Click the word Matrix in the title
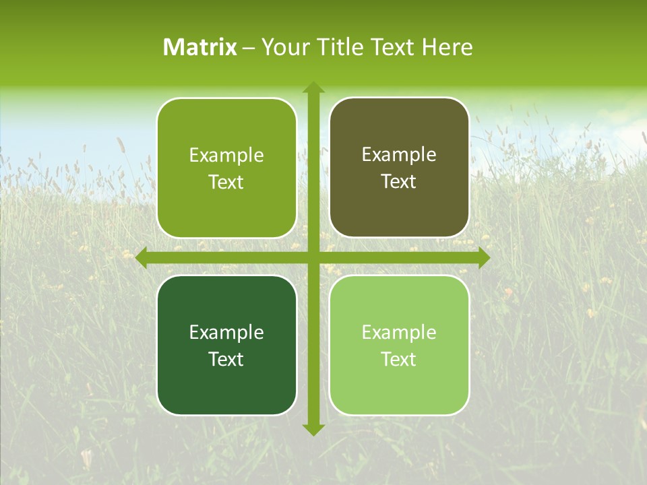(200, 47)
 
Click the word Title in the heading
(340, 47)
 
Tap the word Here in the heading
(448, 47)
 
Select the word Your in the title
(285, 47)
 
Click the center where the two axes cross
(313, 258)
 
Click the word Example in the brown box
(399, 155)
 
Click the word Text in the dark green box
(226, 359)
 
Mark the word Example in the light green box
(399, 332)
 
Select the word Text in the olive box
(226, 183)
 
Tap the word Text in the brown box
(399, 182)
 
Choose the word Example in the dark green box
(226, 332)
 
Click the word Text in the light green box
(399, 359)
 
